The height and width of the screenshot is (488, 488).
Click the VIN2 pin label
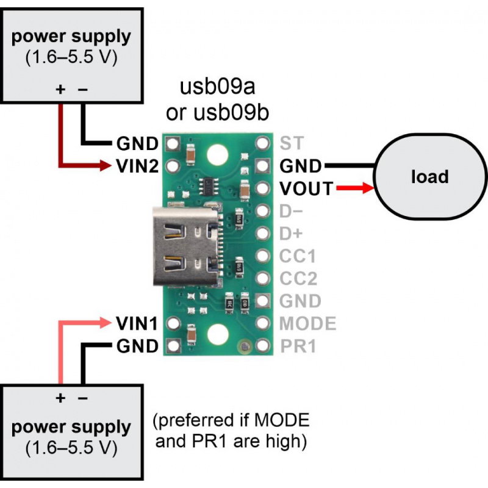[x=138, y=165]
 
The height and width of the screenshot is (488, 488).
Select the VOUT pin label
[x=307, y=189]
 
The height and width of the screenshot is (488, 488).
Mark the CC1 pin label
[x=298, y=257]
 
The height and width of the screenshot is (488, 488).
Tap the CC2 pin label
[x=298, y=279]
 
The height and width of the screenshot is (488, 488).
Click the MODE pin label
[x=307, y=323]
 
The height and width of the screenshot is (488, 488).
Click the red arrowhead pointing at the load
[x=367, y=189]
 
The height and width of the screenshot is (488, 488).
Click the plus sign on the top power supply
[x=60, y=89]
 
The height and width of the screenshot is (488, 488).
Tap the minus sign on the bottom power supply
[x=83, y=398]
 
